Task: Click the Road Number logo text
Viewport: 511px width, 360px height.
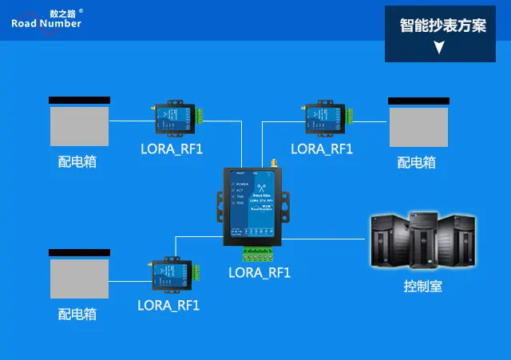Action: (x=46, y=23)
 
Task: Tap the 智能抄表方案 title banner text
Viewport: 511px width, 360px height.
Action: (x=443, y=26)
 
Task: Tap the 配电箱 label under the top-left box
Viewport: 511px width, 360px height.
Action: (x=77, y=162)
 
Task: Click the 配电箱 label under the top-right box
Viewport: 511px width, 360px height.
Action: (x=417, y=162)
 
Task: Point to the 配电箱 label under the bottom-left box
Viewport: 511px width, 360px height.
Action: (x=77, y=314)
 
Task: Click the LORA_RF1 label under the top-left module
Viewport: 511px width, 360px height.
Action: (x=172, y=148)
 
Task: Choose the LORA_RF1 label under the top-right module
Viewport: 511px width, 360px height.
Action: (x=322, y=148)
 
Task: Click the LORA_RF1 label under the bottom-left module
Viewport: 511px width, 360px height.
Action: (x=168, y=304)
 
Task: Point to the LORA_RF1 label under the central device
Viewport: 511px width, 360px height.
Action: (x=259, y=272)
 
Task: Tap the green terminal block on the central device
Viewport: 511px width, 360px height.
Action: (x=261, y=254)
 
